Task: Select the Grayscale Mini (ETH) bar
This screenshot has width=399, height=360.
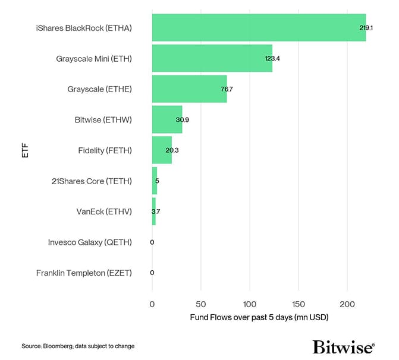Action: tap(212, 58)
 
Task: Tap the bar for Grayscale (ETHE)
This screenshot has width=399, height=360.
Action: tap(189, 89)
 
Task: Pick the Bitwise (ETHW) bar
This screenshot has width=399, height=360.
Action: tap(166, 119)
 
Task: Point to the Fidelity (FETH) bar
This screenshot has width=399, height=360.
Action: tap(161, 150)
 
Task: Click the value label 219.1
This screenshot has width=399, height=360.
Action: tap(357, 28)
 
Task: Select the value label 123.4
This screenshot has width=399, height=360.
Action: tap(272, 58)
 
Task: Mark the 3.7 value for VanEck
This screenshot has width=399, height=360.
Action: tap(155, 211)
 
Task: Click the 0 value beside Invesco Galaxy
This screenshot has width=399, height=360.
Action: tap(152, 242)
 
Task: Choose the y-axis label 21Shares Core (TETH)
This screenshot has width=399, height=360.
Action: tap(92, 181)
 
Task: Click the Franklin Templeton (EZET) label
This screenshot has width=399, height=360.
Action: tap(84, 273)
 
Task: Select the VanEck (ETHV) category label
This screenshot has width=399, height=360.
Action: tap(103, 211)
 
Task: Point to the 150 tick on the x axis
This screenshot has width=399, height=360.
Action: tap(299, 304)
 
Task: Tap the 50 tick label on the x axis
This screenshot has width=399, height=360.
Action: tap(201, 304)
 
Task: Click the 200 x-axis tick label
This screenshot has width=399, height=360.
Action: tap(347, 304)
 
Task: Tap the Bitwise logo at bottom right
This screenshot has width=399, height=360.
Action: tap(343, 347)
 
